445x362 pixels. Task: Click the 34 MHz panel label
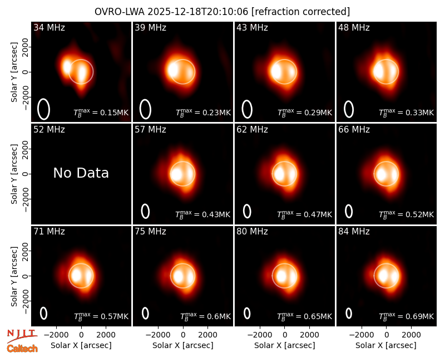pos(49,27)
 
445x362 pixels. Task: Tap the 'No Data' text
pos(81,173)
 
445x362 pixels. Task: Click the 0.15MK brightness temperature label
pos(101,112)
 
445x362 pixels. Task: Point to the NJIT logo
pos(22,336)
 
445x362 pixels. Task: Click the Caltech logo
pos(22,348)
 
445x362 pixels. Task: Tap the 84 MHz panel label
pos(354,232)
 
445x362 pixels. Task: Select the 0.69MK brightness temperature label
pos(407,316)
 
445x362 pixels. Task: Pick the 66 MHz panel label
pos(354,130)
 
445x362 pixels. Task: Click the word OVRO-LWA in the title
pos(120,12)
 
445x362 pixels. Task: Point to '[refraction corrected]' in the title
pos(300,12)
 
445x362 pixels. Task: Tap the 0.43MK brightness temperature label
pos(202,214)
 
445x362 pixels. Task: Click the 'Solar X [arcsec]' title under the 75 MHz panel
pos(183,345)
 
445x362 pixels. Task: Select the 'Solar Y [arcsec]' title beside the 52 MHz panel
pos(14,174)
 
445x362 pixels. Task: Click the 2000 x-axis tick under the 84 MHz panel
pos(411,335)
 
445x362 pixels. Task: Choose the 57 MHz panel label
pos(150,130)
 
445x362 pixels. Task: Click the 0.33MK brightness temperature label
pos(407,112)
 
